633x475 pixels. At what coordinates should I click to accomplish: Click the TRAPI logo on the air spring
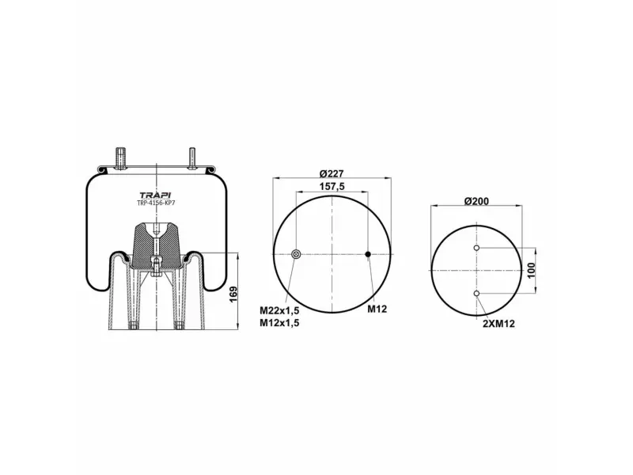[155, 196]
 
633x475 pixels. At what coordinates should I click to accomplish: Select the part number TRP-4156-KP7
[156, 203]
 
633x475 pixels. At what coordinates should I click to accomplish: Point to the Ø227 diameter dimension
[332, 173]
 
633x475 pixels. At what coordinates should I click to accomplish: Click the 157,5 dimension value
[332, 187]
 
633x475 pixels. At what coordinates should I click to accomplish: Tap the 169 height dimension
[233, 294]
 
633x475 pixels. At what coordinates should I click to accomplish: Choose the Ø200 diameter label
[476, 201]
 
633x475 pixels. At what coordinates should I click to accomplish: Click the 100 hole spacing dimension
[531, 270]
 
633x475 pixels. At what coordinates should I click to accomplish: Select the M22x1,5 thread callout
[279, 310]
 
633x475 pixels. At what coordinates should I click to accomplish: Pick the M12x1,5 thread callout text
[279, 323]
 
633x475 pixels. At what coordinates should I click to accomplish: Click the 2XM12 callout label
[499, 324]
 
